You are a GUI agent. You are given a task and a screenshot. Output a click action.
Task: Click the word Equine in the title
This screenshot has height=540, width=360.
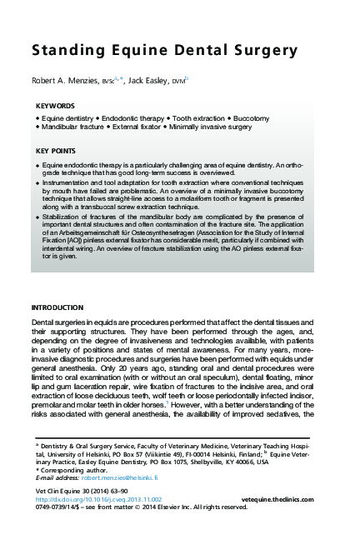pyautogui.click(x=113, y=51)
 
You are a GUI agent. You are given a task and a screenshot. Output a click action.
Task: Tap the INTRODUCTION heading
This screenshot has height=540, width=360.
pyautogui.click(x=57, y=307)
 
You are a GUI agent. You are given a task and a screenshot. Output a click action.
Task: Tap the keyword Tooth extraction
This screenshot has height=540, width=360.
pyautogui.click(x=203, y=120)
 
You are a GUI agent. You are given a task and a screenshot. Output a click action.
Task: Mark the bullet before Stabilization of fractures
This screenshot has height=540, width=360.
pyautogui.click(x=38, y=216)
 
